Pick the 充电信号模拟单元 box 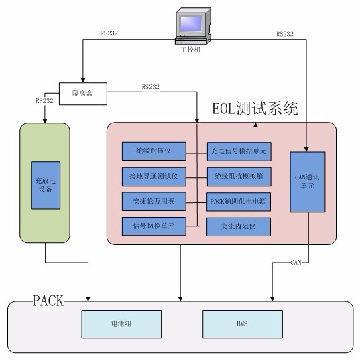pyautogui.click(x=238, y=151)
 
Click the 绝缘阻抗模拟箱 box pyautogui.click(x=238, y=176)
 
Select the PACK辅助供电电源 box pyautogui.click(x=238, y=201)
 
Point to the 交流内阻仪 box pyautogui.click(x=238, y=226)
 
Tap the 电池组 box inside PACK pyautogui.click(x=123, y=323)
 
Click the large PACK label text pyautogui.click(x=48, y=300)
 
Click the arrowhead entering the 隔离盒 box pyautogui.click(x=82, y=79)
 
